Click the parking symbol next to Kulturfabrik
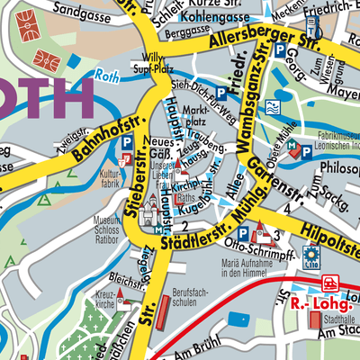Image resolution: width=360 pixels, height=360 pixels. point(128,142)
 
